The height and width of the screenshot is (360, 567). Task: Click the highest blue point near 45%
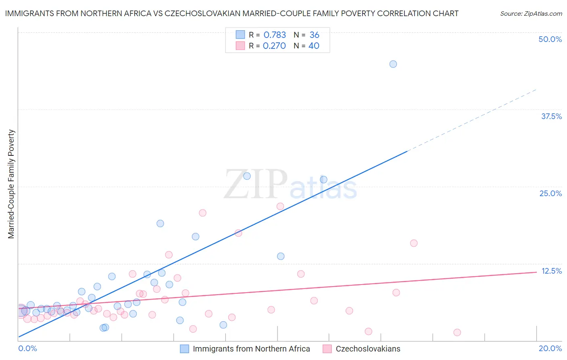(x=393, y=64)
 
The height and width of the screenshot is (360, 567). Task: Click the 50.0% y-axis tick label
(x=550, y=39)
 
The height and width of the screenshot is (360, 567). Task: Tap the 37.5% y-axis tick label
(x=551, y=116)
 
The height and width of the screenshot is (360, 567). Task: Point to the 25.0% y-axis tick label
(x=550, y=193)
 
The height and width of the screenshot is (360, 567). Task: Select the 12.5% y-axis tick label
(x=551, y=271)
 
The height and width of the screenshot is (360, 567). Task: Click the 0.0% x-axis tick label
(x=27, y=348)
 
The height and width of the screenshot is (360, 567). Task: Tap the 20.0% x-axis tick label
(x=550, y=348)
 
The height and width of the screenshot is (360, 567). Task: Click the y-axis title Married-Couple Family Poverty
(x=11, y=184)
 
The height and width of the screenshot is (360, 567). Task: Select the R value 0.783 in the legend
(x=275, y=35)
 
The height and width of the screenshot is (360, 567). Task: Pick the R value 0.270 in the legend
(x=274, y=46)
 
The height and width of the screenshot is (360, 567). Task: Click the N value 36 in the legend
(x=314, y=35)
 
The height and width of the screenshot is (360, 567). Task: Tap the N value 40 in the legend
(x=314, y=46)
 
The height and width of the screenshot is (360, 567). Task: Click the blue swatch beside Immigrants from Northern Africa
(x=184, y=349)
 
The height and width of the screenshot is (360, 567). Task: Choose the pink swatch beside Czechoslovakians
(x=327, y=349)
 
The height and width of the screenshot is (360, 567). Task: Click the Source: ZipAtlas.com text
(x=531, y=13)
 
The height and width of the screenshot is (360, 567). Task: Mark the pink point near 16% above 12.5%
(x=414, y=243)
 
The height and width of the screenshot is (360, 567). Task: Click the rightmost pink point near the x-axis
(x=457, y=333)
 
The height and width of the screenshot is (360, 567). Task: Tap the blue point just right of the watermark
(x=323, y=180)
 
